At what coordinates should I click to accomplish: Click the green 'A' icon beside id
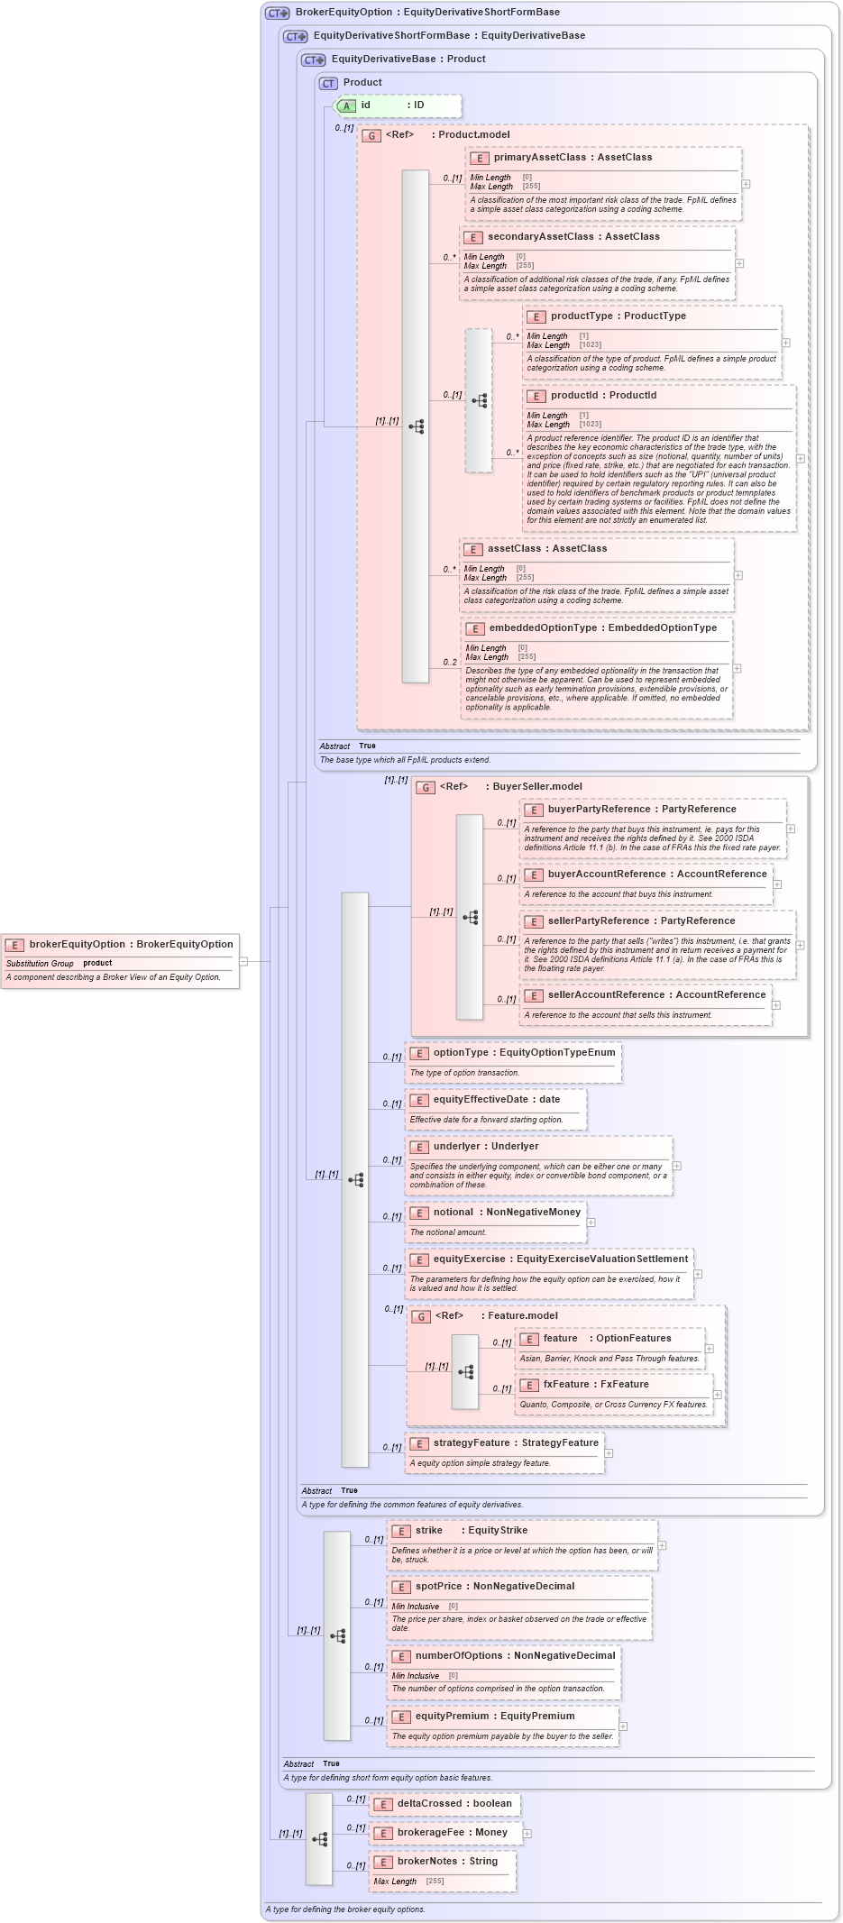pos(346,105)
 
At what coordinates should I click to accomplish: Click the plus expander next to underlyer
pos(677,1166)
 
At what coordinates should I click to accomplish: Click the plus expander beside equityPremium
pos(623,1726)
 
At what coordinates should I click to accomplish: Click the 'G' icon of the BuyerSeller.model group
pos(426,787)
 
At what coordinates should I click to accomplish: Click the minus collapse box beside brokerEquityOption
pos(243,961)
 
